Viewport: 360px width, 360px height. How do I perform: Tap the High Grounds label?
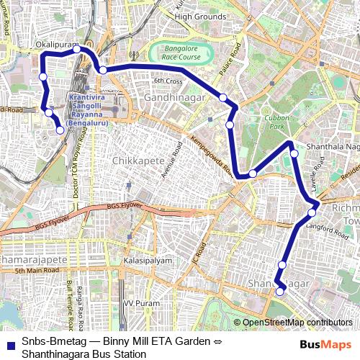(x=200, y=17)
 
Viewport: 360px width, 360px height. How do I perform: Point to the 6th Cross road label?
(x=168, y=81)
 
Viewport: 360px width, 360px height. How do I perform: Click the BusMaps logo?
(x=325, y=345)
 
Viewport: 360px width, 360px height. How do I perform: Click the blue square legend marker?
(x=9, y=343)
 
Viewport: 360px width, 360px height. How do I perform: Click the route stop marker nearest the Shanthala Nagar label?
(x=294, y=153)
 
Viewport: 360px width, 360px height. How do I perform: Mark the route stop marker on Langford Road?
(x=312, y=212)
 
